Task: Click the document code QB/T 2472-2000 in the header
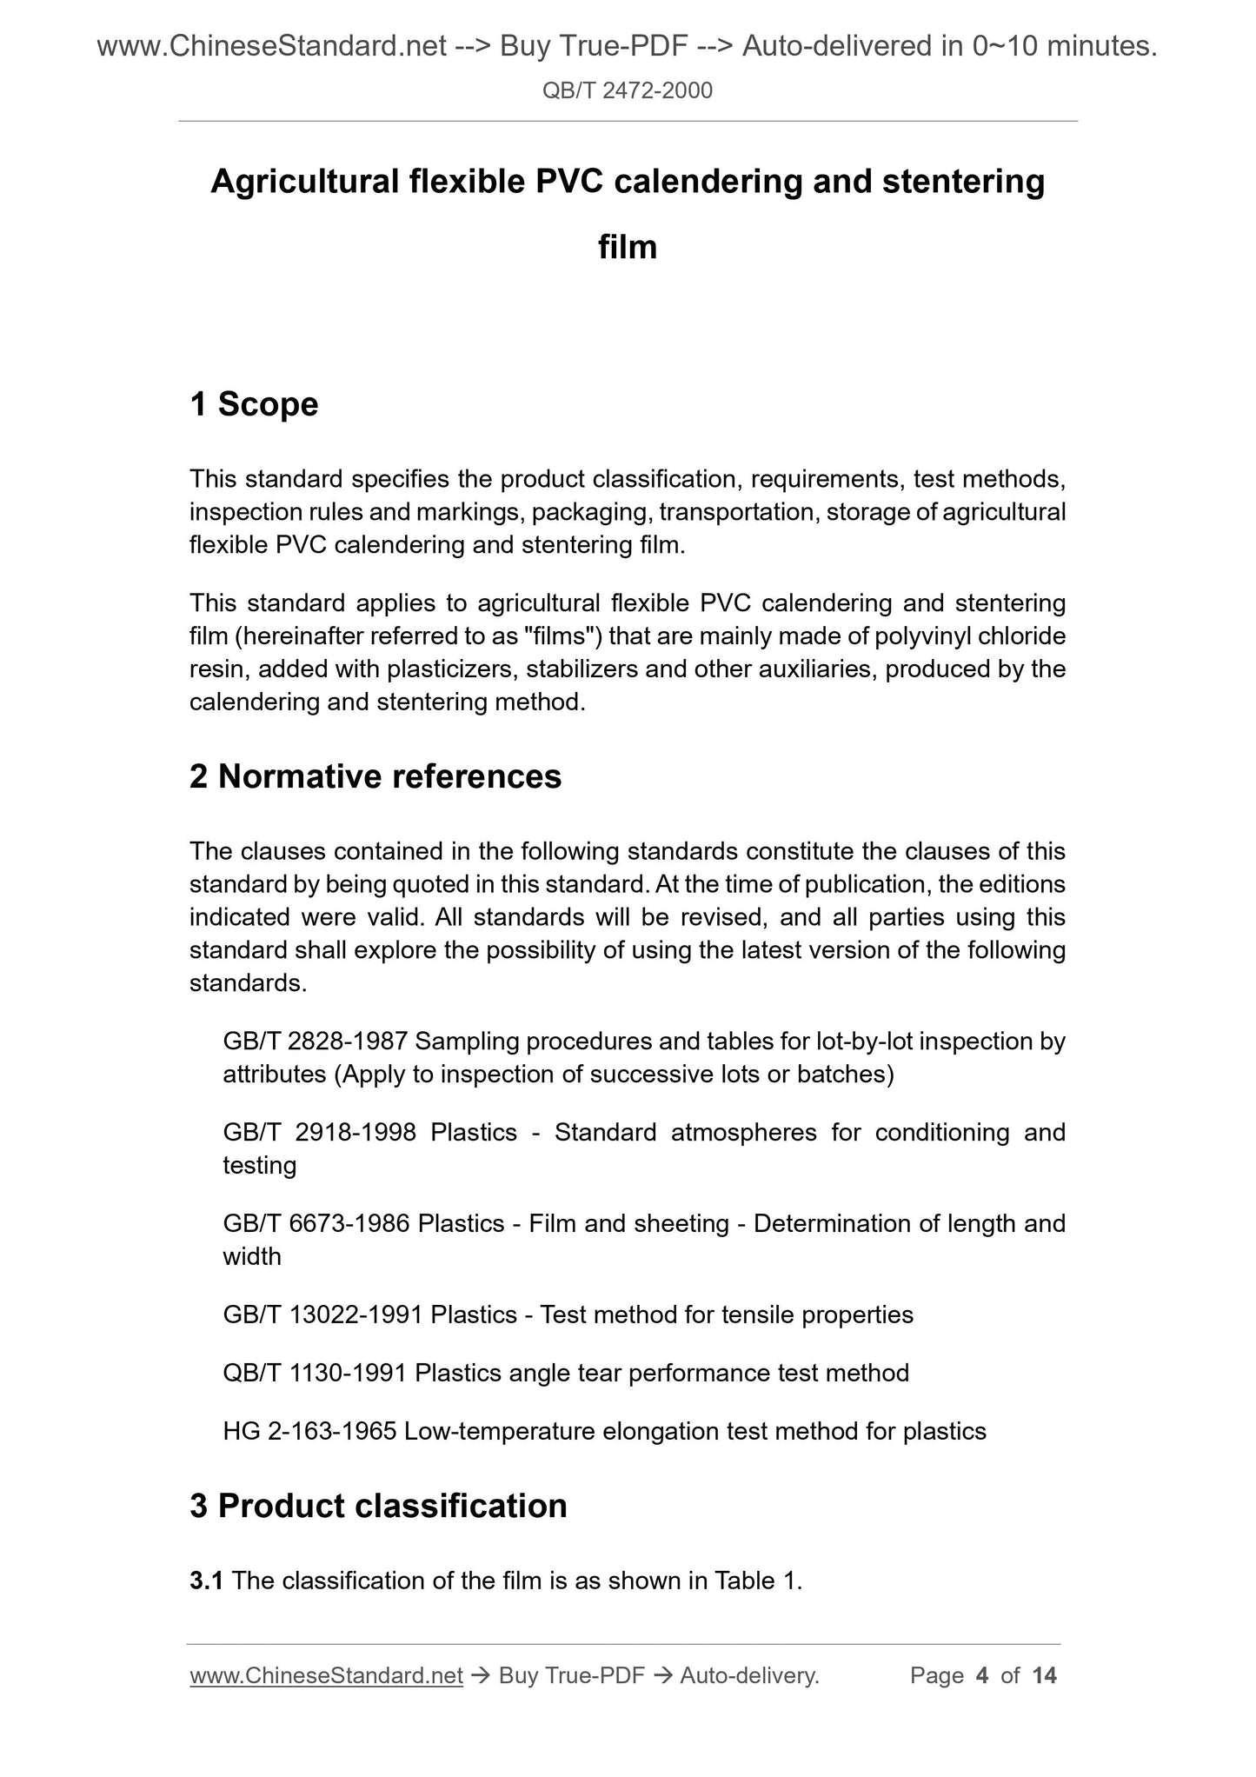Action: click(627, 90)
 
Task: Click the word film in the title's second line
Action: click(628, 248)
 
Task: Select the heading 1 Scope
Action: click(254, 404)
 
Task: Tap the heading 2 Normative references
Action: click(375, 776)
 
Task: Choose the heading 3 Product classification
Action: click(378, 1506)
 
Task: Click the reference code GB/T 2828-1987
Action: click(316, 1041)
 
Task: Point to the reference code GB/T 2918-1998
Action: click(319, 1132)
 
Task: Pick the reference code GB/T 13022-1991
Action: click(322, 1314)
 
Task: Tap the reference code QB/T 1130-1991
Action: click(315, 1373)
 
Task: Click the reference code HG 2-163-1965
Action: click(309, 1431)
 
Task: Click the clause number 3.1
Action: click(206, 1581)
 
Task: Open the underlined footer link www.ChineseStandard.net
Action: click(326, 1675)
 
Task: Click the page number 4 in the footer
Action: click(982, 1675)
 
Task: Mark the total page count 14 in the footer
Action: click(1044, 1675)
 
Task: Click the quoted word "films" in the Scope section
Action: click(565, 636)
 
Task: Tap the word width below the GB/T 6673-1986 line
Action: click(252, 1256)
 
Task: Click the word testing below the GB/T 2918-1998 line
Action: click(259, 1165)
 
